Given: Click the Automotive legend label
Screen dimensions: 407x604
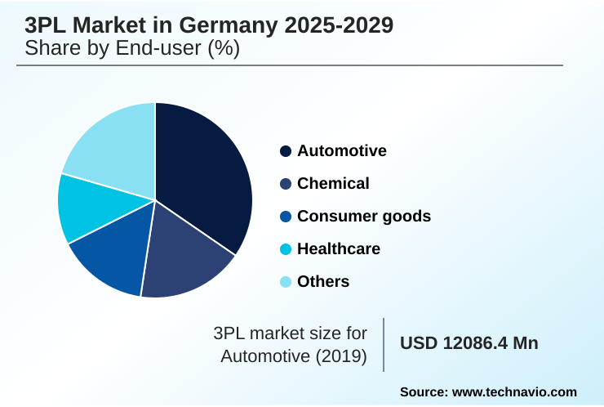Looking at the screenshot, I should [341, 151].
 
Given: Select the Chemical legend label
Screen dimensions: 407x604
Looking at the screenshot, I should [333, 184].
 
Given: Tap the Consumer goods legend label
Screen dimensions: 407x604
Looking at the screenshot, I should [363, 217].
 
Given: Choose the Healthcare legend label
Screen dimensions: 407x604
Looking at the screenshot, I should [338, 249].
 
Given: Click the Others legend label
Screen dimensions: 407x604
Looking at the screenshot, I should [323, 282].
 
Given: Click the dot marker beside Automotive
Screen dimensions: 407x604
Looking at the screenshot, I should [286, 151].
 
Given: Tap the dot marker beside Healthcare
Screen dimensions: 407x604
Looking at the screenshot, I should [286, 249].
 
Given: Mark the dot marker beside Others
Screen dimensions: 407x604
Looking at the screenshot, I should [286, 282].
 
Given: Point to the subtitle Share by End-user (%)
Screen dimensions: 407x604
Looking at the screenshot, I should [132, 49].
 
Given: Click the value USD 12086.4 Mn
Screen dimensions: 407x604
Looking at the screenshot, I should [469, 343].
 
